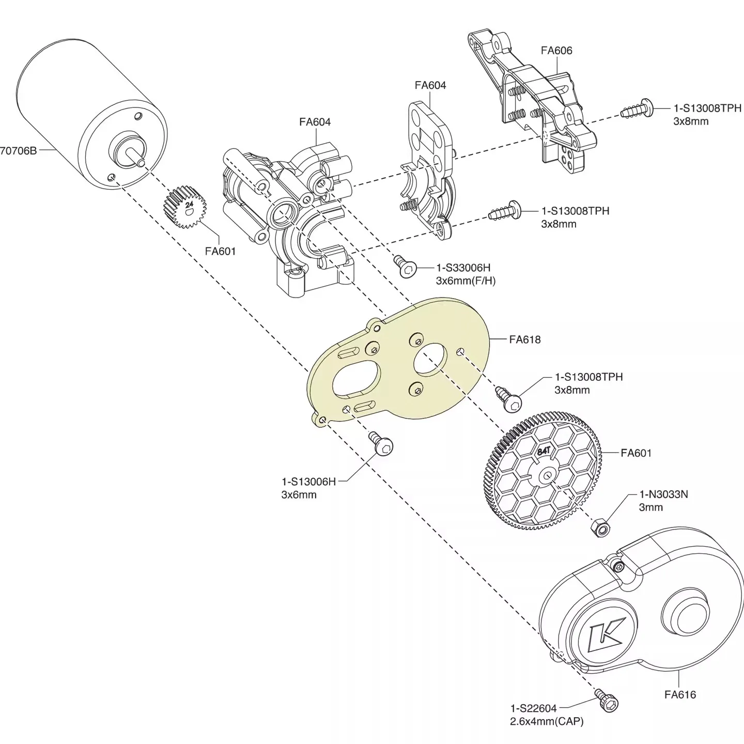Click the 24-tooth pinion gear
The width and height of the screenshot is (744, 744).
[x=185, y=208]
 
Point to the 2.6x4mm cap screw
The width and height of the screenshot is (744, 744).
[x=607, y=700]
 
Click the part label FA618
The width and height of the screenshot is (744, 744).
[x=524, y=339]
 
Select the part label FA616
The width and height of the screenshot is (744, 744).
[x=680, y=695]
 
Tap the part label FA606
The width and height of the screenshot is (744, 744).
[x=556, y=51]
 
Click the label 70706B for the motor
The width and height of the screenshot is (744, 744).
[x=19, y=151]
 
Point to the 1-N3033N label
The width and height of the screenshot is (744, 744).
[x=663, y=494]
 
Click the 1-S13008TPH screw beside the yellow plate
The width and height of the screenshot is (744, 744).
[x=509, y=399]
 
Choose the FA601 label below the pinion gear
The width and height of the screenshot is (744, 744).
[x=220, y=251]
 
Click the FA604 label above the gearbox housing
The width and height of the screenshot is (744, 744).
[x=315, y=122]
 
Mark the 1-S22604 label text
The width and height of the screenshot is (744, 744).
[x=533, y=708]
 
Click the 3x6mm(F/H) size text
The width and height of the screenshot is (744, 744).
[x=466, y=281]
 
